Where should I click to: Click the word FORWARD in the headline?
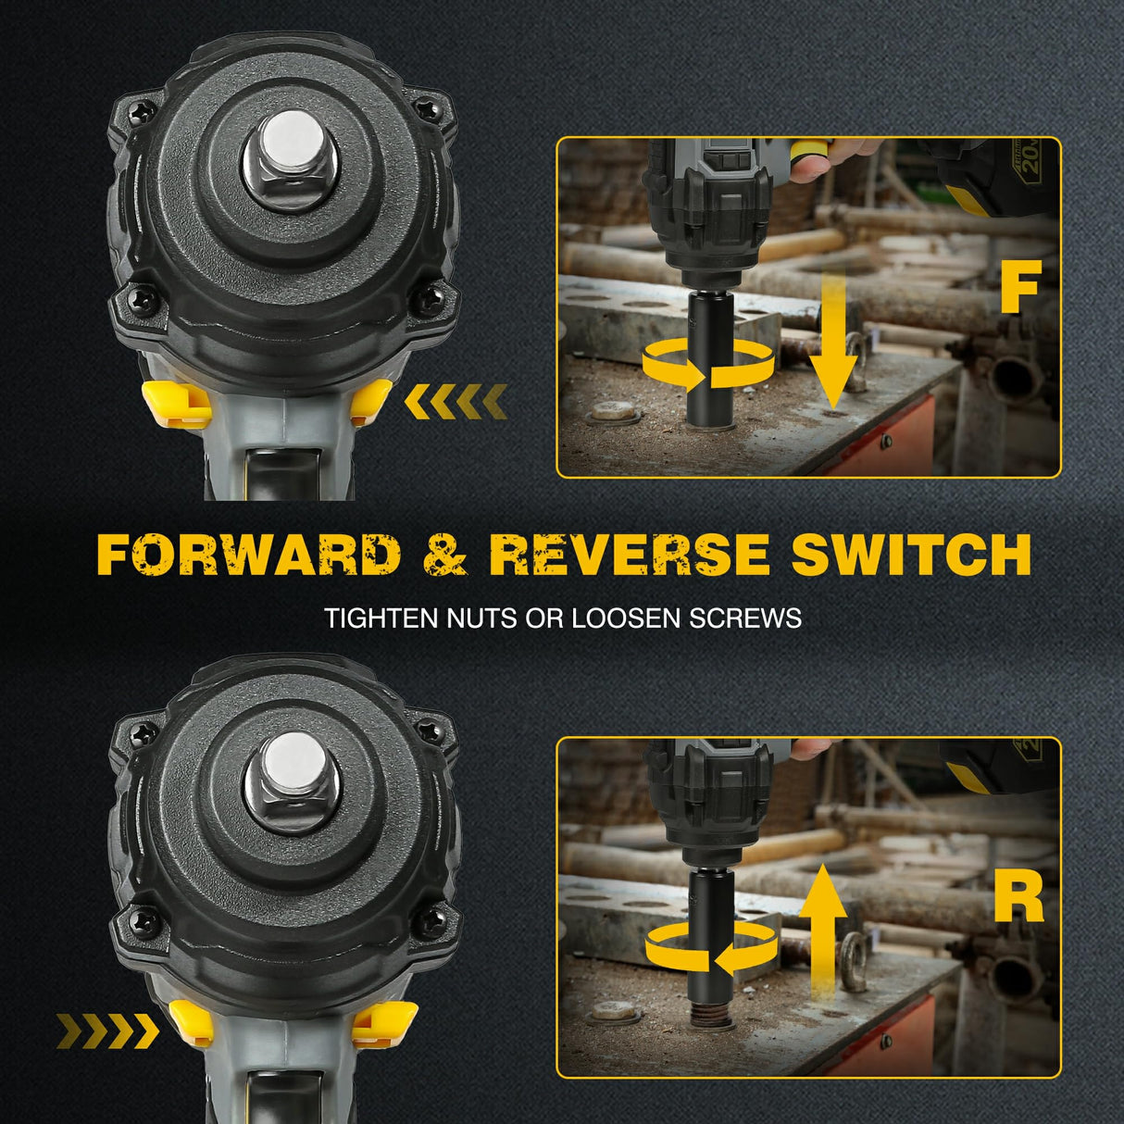248,555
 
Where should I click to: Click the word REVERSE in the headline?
629,555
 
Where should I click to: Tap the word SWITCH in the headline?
911,555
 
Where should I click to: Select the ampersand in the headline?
443,555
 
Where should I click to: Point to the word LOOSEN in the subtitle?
627,618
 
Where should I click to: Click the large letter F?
1019,288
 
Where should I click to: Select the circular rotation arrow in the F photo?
707,363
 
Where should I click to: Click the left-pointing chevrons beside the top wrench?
456,401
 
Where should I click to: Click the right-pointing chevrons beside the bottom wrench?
107,1028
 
